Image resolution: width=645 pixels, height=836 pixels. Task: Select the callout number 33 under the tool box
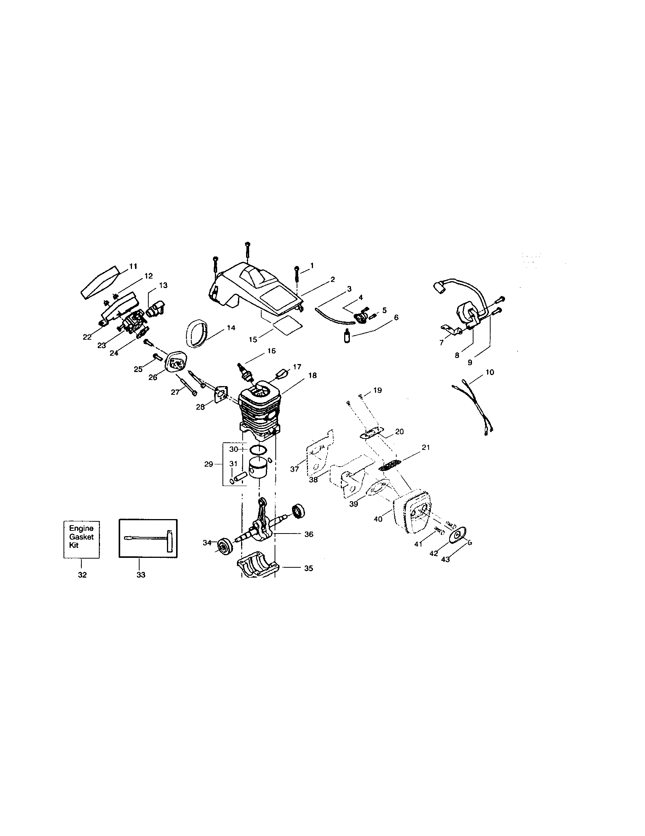(141, 575)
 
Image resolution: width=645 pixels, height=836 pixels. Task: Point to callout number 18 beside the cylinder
(312, 375)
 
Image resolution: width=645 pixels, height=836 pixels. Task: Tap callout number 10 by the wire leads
(489, 372)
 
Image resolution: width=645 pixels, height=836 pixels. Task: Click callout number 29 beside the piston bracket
(208, 464)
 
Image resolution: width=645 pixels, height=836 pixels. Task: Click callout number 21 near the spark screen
(426, 447)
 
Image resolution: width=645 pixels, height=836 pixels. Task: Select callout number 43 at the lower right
(445, 559)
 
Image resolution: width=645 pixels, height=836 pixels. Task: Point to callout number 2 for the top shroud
(332, 279)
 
